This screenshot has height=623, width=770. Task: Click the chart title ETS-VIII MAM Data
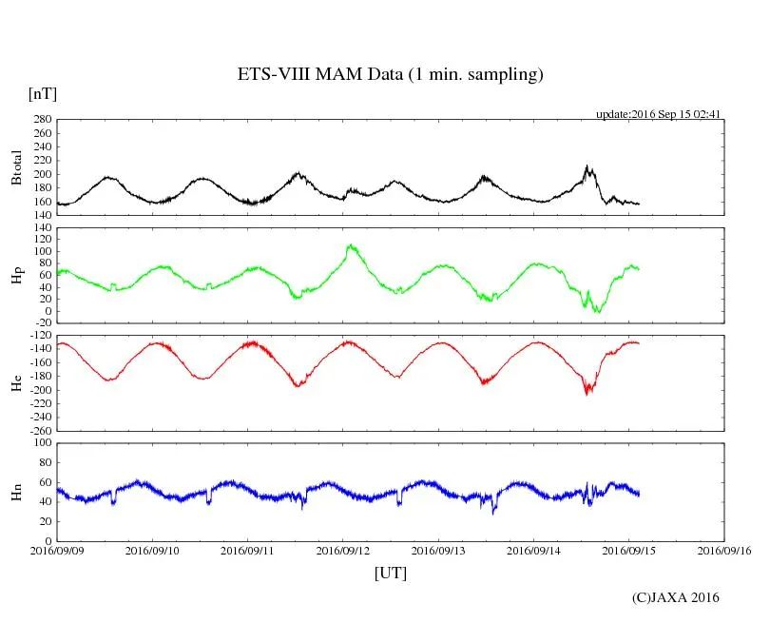(390, 75)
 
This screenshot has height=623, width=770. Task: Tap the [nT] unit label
(42, 94)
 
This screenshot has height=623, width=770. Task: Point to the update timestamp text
(659, 114)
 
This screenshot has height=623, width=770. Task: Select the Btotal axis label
(16, 166)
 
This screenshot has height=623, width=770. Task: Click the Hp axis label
(16, 276)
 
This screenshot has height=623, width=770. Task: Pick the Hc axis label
(16, 383)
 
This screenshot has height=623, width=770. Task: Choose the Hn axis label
(16, 492)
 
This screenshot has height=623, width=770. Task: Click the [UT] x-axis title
(391, 573)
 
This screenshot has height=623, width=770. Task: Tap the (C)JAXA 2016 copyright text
(676, 597)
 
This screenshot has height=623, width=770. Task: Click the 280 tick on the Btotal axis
(40, 120)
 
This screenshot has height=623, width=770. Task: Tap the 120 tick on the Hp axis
(40, 227)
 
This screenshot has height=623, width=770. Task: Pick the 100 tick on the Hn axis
(40, 443)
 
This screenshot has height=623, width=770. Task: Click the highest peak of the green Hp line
(351, 245)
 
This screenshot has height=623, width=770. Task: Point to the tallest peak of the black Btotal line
(587, 166)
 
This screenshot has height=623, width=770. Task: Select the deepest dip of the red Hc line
(587, 393)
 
